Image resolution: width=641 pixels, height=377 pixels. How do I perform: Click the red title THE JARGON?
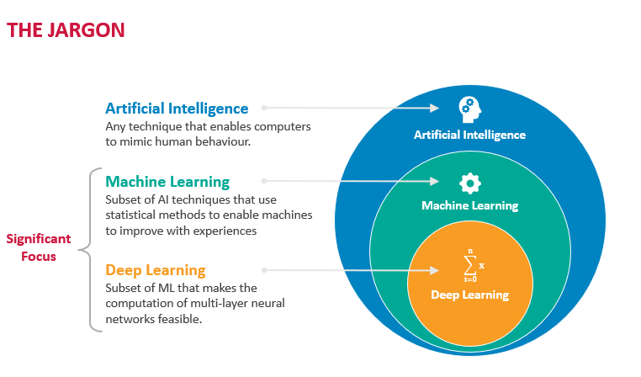[66, 30]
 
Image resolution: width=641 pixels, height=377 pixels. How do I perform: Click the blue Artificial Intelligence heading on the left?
[177, 109]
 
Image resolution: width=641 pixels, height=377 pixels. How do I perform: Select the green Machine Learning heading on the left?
[167, 182]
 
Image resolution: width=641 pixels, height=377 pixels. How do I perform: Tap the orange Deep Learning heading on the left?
[156, 271]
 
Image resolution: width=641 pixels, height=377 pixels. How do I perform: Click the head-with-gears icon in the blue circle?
[469, 109]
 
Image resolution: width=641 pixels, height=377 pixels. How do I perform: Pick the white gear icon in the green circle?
[470, 183]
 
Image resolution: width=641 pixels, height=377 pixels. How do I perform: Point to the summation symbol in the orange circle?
[470, 265]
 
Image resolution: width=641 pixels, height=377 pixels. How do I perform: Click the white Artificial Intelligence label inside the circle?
[469, 135]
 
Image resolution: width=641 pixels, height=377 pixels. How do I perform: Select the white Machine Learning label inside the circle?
[470, 205]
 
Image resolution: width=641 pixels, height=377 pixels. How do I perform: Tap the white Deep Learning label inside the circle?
[470, 295]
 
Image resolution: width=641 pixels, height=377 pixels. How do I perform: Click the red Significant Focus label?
[39, 247]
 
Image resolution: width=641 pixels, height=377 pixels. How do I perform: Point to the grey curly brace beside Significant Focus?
[90, 249]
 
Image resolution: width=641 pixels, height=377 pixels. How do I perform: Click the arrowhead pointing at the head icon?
[434, 108]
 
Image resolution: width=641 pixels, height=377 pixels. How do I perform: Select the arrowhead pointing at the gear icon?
[434, 181]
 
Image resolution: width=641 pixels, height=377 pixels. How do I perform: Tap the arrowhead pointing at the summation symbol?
[434, 270]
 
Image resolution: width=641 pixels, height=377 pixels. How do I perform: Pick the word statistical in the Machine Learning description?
[130, 215]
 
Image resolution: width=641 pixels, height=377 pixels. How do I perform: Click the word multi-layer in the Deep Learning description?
[219, 304]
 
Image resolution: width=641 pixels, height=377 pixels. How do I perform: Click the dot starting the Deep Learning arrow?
[264, 270]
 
